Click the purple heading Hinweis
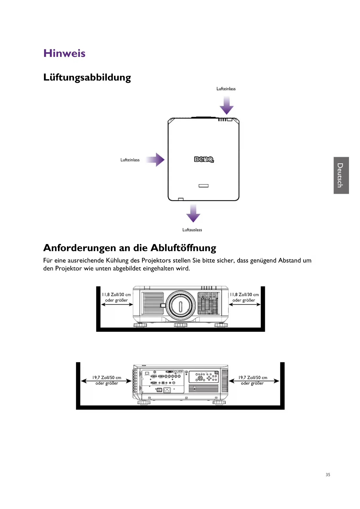pos(64,53)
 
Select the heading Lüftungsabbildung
pos(87,77)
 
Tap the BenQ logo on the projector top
pos(204,159)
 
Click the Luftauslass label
pos(192,230)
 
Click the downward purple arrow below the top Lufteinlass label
pos(227,106)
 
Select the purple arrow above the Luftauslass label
pos(193,213)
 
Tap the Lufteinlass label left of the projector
pos(130,160)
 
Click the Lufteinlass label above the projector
pos(226,89)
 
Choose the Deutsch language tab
pos(341,175)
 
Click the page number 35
pos(328,475)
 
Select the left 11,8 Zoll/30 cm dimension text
pos(116,295)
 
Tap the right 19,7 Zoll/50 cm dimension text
pos(253,378)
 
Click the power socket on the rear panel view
pos(167,390)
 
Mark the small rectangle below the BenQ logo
pos(203,186)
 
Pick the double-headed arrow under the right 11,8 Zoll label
pos(245,305)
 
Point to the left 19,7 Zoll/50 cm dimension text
pos(107,378)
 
